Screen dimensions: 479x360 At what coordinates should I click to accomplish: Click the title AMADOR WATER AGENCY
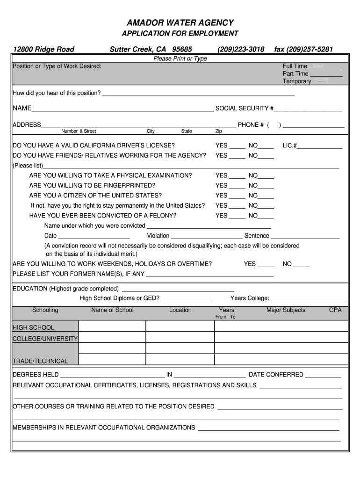[180, 23]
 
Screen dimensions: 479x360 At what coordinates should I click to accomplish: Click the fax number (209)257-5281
[303, 49]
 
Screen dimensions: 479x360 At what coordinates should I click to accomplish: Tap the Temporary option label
[296, 81]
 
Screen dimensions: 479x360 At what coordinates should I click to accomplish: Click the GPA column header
[335, 310]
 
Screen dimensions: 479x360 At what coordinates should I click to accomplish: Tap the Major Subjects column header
[286, 310]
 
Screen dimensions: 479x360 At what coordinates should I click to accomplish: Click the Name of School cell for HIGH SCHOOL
[112, 326]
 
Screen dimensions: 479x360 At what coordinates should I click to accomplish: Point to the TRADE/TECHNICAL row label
[40, 361]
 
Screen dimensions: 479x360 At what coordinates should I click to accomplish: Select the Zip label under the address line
[218, 131]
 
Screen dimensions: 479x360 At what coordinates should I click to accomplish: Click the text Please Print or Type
[180, 58]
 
